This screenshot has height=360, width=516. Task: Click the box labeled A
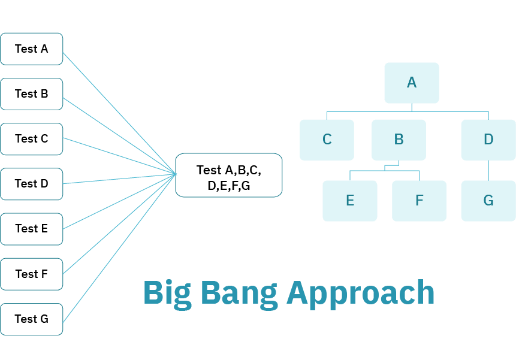(411, 83)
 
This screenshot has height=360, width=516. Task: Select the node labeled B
(399, 140)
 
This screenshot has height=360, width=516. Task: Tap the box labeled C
(327, 140)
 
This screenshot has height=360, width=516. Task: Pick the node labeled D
(488, 140)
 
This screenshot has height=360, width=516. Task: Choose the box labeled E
(350, 201)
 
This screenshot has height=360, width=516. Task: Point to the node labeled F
(419, 201)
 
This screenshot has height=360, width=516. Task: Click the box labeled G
(488, 201)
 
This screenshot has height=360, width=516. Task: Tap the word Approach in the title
(360, 294)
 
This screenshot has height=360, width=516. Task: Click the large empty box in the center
(228, 175)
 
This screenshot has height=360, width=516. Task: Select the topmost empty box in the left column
(31, 49)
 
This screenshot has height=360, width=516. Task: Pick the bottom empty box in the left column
(31, 319)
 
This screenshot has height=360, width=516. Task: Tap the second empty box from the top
(31, 94)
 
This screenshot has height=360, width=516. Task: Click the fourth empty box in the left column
(31, 184)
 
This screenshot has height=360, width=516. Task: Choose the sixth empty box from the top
(31, 274)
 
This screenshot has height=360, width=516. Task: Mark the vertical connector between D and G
(488, 170)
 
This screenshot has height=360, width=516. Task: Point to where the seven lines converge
(176, 174)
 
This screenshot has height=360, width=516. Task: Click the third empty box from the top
(31, 139)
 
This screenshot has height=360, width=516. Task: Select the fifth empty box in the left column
(31, 229)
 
